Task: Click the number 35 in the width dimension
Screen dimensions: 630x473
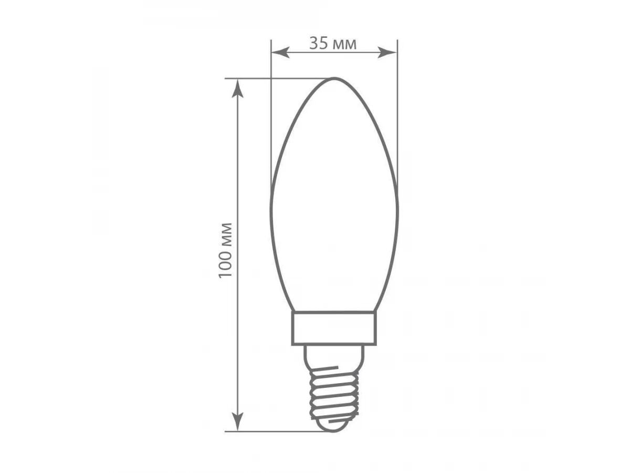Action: [319, 44]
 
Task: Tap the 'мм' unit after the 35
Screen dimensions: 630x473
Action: [344, 45]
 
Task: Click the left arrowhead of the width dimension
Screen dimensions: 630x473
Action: [280, 53]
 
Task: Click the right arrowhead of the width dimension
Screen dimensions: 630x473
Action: [387, 53]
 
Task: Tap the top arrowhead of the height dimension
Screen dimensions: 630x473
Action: [238, 89]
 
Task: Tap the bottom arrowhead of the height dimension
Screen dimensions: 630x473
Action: [238, 421]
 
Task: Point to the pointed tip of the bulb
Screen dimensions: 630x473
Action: [334, 78]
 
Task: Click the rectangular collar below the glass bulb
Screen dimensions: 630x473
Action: [334, 328]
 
